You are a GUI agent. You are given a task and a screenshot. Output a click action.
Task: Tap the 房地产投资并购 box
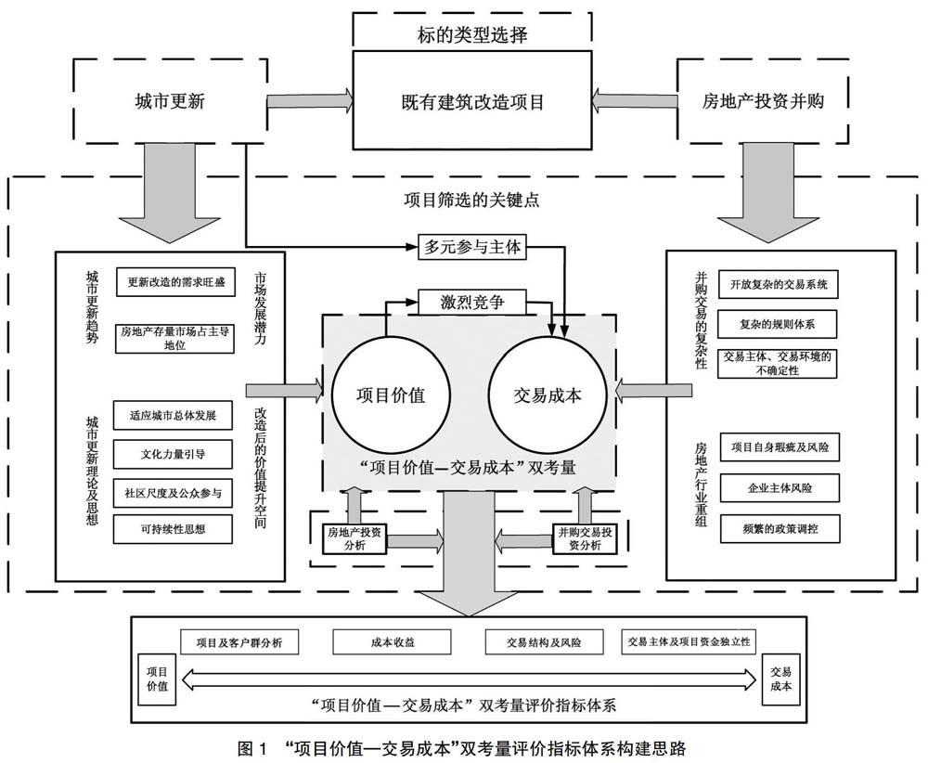point(763,101)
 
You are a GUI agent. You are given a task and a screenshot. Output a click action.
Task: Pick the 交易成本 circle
point(548,394)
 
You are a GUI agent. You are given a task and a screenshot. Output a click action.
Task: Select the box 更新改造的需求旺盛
point(174,281)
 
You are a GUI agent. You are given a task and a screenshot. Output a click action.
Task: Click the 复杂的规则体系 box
point(778,325)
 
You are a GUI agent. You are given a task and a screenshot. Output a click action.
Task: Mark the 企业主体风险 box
point(779,486)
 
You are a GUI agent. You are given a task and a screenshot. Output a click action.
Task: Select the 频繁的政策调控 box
point(779,529)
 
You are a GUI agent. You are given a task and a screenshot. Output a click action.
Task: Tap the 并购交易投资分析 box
point(585,538)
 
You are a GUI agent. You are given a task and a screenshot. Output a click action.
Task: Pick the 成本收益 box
point(379,641)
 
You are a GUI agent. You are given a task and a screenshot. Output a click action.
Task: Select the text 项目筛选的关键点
point(464,200)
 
